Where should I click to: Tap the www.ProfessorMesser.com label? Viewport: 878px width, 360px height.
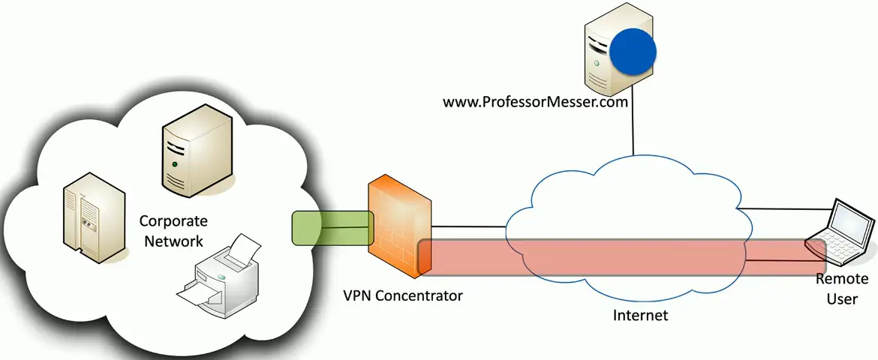(x=534, y=102)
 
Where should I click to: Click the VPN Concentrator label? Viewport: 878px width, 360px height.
(x=402, y=295)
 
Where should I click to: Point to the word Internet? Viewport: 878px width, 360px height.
(x=640, y=315)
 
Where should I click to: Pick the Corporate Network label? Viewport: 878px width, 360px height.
(x=173, y=231)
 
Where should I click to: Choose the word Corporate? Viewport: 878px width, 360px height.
(x=173, y=222)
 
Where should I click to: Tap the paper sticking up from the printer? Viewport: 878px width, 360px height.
(x=244, y=248)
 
